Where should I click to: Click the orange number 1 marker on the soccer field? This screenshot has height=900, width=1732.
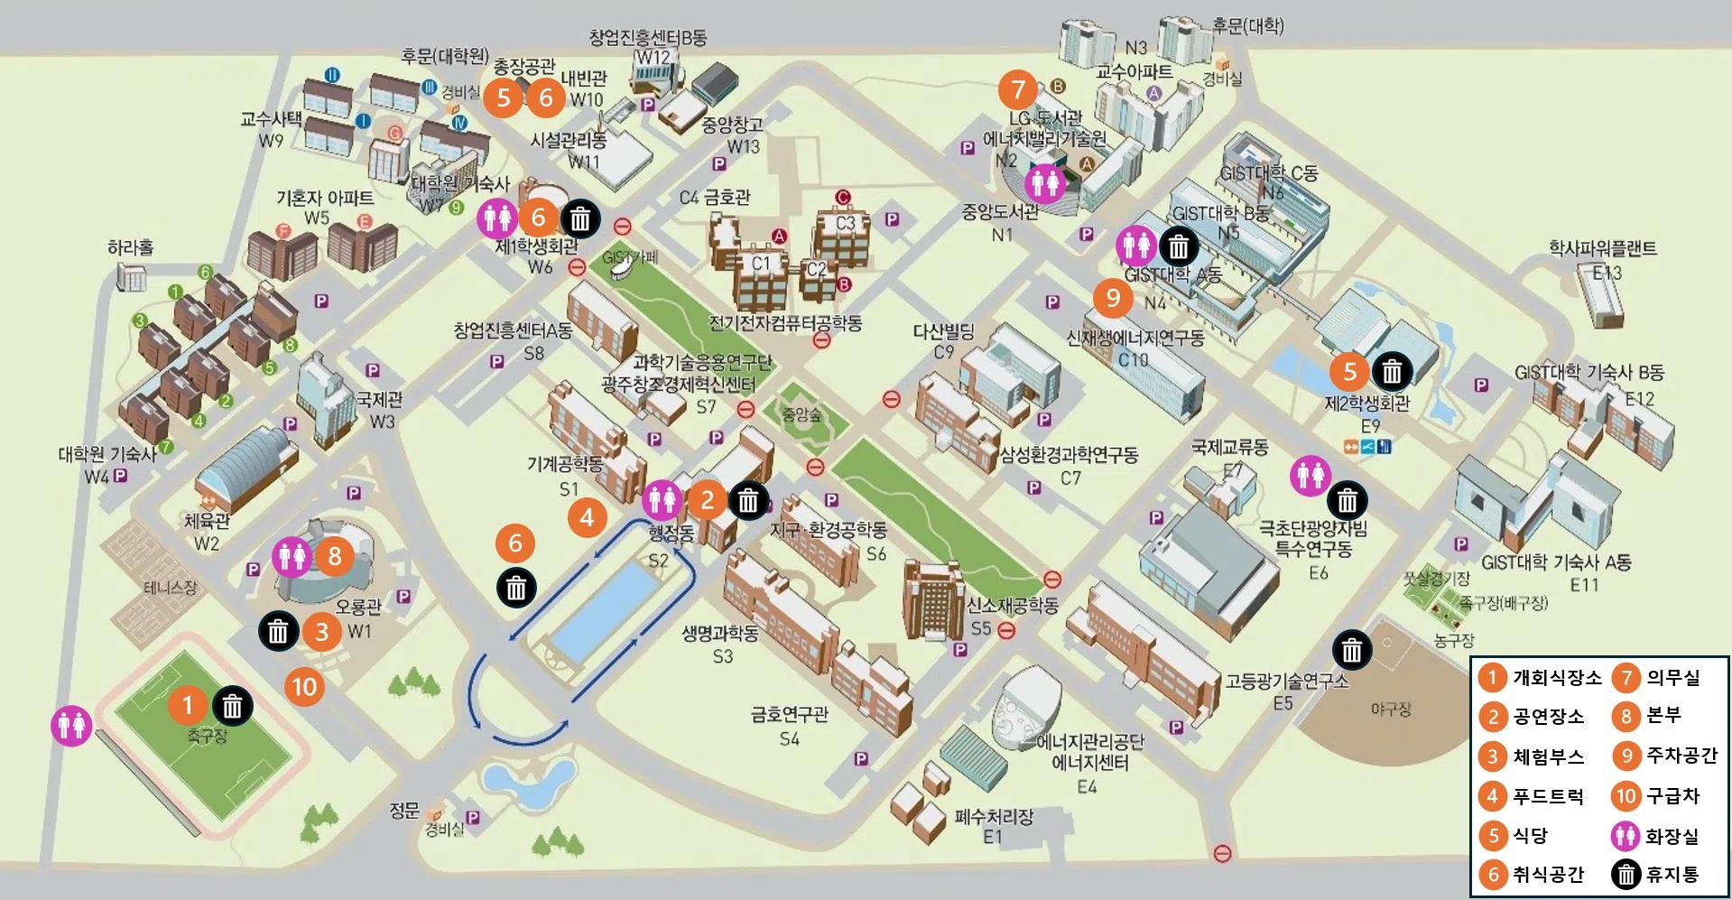[188, 704]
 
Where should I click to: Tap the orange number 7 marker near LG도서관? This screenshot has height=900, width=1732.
[1019, 89]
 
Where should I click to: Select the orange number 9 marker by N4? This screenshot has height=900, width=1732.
[1112, 298]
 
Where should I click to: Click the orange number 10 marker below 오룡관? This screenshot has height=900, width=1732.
[304, 687]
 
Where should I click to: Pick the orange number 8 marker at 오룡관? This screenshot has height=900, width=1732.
[334, 556]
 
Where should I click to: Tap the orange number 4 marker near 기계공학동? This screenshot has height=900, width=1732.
[588, 517]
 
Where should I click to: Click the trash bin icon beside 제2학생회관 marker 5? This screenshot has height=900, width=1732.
[1392, 371]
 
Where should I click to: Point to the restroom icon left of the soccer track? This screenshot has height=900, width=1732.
[72, 725]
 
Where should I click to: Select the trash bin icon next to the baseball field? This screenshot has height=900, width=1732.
[1351, 649]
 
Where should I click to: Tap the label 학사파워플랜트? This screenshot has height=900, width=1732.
[1603, 248]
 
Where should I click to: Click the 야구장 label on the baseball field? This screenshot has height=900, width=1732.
[1390, 710]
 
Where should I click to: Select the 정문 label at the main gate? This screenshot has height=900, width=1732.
[404, 810]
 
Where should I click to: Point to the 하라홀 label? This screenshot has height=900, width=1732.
[131, 247]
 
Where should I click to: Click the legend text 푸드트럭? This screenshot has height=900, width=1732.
[1548, 796]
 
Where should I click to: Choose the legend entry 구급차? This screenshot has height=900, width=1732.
[1672, 796]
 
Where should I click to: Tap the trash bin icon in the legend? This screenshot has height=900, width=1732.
[1625, 874]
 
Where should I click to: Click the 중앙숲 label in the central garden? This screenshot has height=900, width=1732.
[801, 415]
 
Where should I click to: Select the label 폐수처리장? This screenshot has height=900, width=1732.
[993, 817]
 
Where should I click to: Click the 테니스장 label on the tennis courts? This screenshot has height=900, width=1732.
[171, 588]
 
